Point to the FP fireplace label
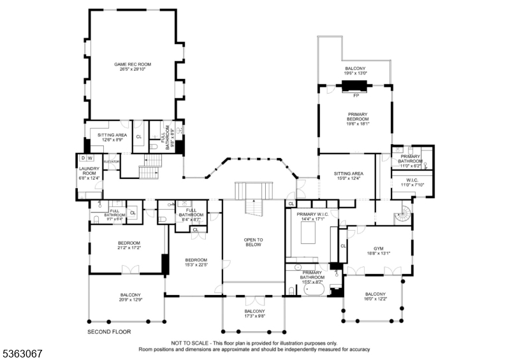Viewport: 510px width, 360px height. click(356, 95)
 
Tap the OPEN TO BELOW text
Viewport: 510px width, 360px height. click(253, 242)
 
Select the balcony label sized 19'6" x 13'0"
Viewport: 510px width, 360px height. click(356, 71)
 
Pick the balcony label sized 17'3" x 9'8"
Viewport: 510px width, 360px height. click(253, 313)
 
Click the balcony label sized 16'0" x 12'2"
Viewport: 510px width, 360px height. click(375, 296)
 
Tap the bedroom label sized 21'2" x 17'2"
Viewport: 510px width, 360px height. click(129, 245)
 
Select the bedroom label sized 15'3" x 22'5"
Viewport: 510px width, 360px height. click(196, 262)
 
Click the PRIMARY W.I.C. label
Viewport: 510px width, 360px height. click(312, 217)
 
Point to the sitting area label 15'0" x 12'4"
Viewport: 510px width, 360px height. click(349, 176)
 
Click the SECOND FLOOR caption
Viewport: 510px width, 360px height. click(108, 333)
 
